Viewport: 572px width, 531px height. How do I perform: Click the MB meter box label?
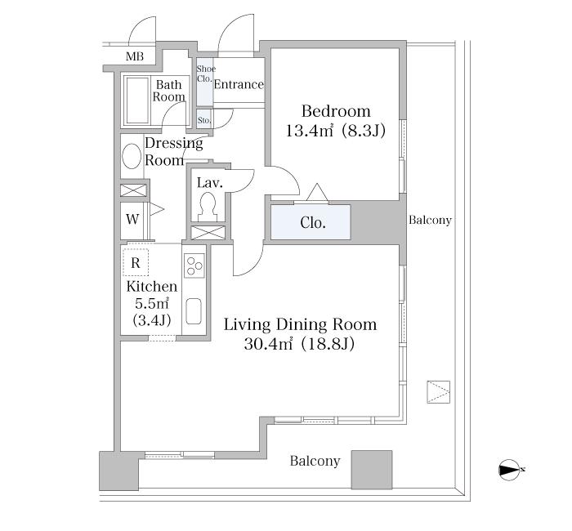tap(135, 56)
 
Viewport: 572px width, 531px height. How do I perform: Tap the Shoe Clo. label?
tap(206, 74)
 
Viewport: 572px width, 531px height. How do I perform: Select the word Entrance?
tap(239, 84)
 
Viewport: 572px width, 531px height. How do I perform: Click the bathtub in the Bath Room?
tap(137, 100)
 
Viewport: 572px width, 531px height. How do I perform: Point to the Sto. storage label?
tap(204, 120)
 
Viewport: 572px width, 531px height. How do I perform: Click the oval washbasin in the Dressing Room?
tap(132, 156)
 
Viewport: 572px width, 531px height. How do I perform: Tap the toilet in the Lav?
tap(208, 207)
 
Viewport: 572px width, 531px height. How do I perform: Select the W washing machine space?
tap(132, 220)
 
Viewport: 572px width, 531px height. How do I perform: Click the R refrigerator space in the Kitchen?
tap(136, 262)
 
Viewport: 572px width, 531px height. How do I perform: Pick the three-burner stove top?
tap(194, 265)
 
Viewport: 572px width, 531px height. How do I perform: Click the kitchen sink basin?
tap(194, 311)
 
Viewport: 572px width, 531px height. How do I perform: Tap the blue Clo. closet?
tap(311, 222)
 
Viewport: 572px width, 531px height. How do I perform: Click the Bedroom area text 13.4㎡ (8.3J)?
tap(335, 131)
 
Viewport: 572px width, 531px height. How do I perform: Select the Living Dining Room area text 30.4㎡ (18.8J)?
tap(299, 344)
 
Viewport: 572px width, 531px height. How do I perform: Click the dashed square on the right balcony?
tap(439, 392)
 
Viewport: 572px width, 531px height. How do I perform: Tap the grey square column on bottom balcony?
tap(372, 470)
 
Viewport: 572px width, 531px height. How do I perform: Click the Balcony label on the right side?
tap(430, 221)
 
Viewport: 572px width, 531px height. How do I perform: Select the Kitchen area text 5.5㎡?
tap(152, 303)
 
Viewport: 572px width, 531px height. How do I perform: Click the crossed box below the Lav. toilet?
tap(208, 233)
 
